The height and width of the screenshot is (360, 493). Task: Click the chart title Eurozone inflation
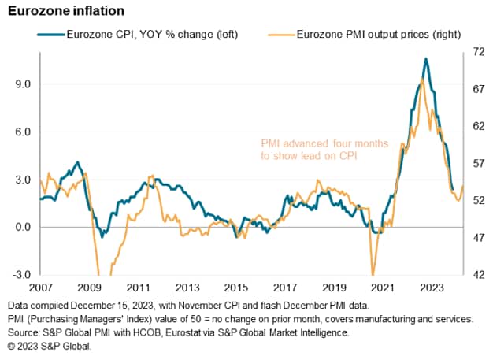click(63, 11)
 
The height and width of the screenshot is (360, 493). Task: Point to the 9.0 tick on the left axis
click(21, 84)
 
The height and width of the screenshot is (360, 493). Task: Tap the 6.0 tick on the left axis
click(21, 132)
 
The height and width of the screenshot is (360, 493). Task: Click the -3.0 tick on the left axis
click(20, 275)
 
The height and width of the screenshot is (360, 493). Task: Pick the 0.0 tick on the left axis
click(21, 228)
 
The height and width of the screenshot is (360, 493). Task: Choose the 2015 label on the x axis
click(235, 289)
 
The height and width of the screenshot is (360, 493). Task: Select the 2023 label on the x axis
click(431, 289)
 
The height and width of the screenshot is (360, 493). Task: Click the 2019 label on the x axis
click(333, 289)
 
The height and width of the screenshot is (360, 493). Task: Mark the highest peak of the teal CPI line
click(425, 59)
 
